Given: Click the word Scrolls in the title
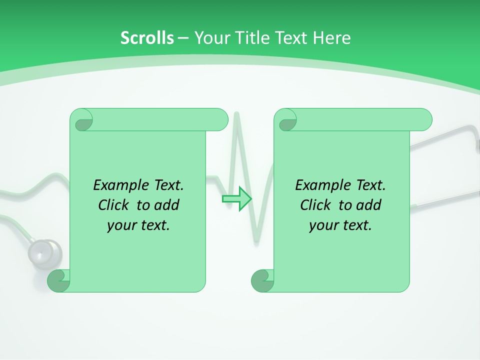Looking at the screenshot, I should point(147,38).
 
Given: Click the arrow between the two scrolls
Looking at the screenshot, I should point(236,198).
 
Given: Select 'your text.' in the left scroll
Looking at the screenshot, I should point(138,225).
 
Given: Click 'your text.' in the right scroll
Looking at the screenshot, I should point(340,225).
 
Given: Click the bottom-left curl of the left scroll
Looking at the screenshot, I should point(58,281).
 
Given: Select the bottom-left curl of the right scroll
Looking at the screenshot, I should point(262,281).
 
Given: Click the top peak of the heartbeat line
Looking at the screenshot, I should point(236,115).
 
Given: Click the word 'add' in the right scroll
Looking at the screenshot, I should point(368,205).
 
